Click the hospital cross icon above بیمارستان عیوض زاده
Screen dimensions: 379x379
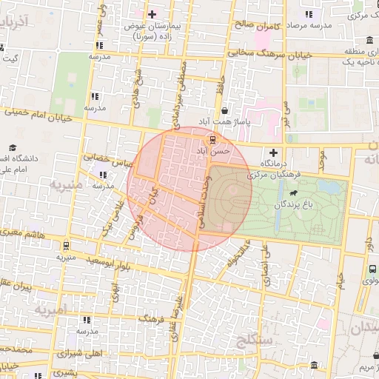[152, 14]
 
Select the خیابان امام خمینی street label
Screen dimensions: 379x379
[37, 115]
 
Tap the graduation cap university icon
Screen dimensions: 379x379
[14, 148]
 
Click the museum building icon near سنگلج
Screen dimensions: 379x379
[314, 366]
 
